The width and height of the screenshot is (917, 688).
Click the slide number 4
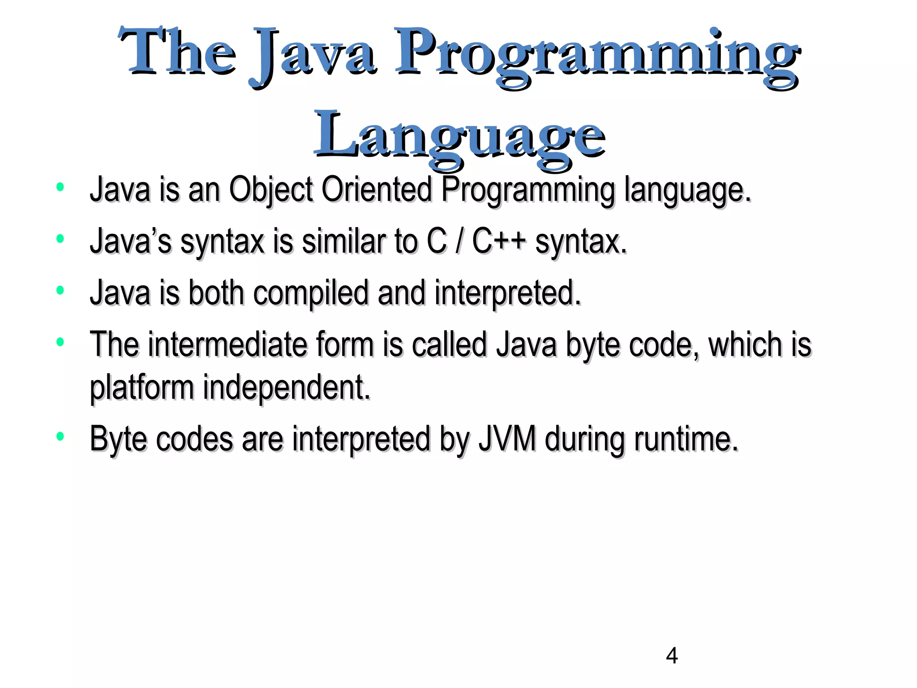[672, 656]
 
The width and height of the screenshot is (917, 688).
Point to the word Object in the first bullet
[270, 190]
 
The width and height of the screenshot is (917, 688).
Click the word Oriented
[377, 189]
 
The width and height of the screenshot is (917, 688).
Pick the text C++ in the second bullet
[499, 241]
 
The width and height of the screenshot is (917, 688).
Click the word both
[216, 292]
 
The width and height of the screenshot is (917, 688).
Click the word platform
[141, 387]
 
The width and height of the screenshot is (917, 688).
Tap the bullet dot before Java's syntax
[60, 239]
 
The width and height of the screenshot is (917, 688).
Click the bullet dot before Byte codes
[60, 436]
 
